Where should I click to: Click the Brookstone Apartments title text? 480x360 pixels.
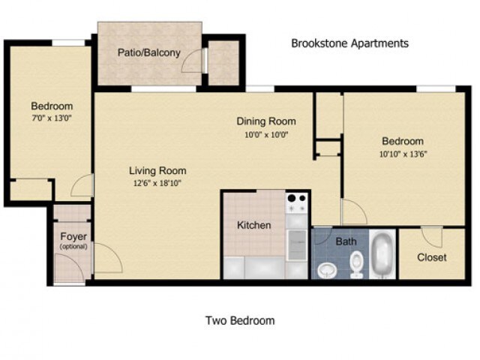point(349,43)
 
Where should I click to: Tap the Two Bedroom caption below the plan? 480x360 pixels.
point(240,321)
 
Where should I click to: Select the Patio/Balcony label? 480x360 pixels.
point(148,52)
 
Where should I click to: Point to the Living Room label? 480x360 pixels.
point(157,170)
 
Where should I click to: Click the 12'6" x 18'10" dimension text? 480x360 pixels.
point(157,182)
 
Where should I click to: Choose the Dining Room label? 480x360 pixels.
point(265,121)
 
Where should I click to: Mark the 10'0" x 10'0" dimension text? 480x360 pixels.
point(265,135)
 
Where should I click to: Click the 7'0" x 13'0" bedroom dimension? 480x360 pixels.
point(51,118)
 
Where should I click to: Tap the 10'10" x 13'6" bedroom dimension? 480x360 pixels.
point(403,154)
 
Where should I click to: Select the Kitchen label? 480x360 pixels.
point(253,225)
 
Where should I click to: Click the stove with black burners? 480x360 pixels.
point(297,202)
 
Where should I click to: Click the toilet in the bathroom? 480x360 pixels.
point(357,262)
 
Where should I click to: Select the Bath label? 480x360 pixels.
point(346,241)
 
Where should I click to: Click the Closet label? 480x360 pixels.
point(431,257)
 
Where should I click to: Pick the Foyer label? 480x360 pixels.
point(73,237)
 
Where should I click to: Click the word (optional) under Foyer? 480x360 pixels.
point(73,246)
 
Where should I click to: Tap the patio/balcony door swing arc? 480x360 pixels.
point(193,61)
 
